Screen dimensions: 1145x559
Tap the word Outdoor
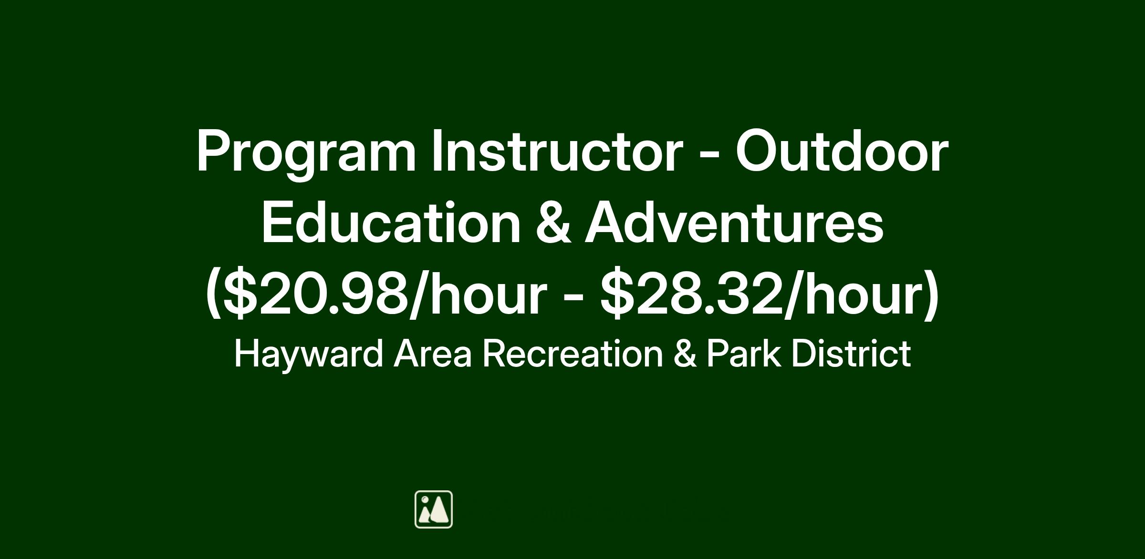tap(842, 150)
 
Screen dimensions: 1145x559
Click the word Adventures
tap(735, 223)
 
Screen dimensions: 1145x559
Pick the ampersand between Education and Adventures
tap(553, 223)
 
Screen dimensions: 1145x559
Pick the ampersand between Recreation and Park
tap(685, 354)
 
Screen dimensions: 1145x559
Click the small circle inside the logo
tap(425, 499)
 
